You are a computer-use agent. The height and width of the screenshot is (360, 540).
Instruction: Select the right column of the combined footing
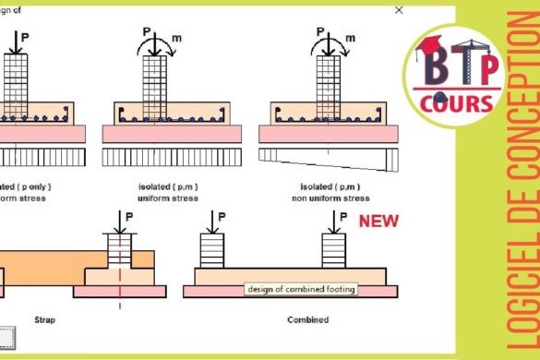[333, 251]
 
